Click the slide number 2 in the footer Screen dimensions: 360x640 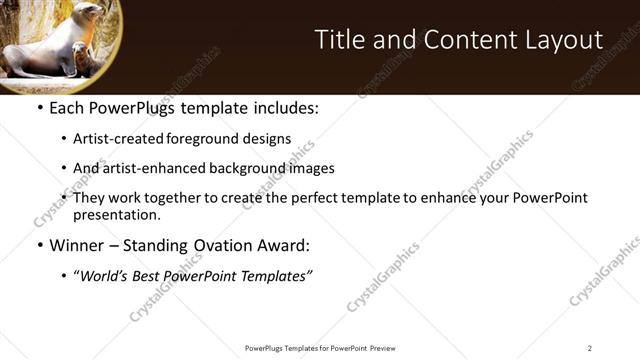pyautogui.click(x=589, y=347)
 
